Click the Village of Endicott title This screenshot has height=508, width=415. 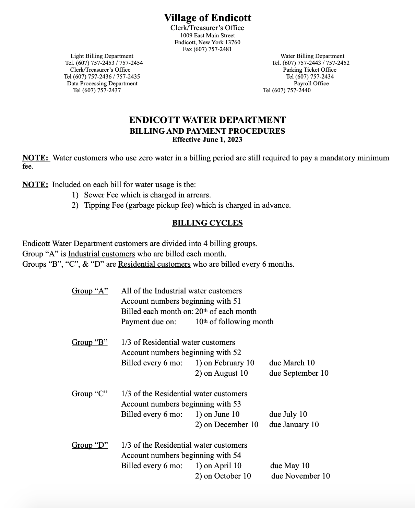pyautogui.click(x=207, y=18)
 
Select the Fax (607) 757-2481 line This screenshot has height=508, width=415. pyautogui.click(x=207, y=49)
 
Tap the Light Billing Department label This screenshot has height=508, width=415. pyautogui.click(x=102, y=56)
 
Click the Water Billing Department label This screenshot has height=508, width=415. pyautogui.click(x=312, y=56)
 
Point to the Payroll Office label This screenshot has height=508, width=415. pyautogui.click(x=311, y=83)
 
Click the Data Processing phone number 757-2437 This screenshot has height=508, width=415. pyautogui.click(x=97, y=90)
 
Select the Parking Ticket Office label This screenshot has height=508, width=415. pyautogui.click(x=309, y=70)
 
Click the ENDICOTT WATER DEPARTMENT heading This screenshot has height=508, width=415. pyautogui.click(x=207, y=120)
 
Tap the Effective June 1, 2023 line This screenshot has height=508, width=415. pyautogui.click(x=207, y=140)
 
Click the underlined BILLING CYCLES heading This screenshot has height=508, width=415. pyautogui.click(x=207, y=223)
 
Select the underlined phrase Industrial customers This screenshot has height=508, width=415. pyautogui.click(x=102, y=254)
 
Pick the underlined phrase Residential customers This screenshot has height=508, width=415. pyautogui.click(x=154, y=264)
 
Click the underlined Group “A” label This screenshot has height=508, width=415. pyautogui.click(x=90, y=291)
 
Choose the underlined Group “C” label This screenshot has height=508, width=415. pyautogui.click(x=90, y=394)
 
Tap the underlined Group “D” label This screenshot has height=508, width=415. pyautogui.click(x=90, y=445)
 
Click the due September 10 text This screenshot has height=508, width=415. pyautogui.click(x=299, y=373)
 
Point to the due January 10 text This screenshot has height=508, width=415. pyautogui.click(x=294, y=425)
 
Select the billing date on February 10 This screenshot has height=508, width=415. pyautogui.click(x=225, y=363)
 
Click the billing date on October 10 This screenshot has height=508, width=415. pyautogui.click(x=223, y=476)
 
